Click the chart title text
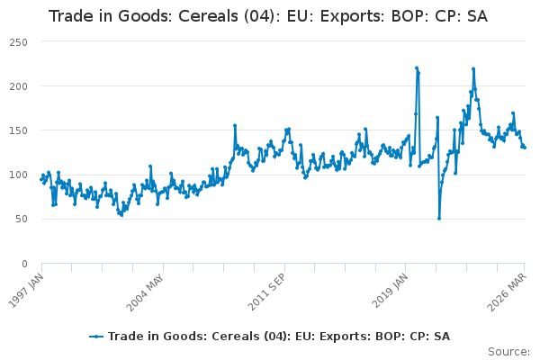point(268,16)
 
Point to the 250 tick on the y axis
point(18,42)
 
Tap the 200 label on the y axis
point(18,86)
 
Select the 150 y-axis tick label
point(18,130)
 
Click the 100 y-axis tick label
point(18,175)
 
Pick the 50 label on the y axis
point(22,219)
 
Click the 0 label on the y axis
point(24,264)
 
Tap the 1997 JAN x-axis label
point(26,291)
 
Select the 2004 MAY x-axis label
point(145,292)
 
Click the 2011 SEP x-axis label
point(266,292)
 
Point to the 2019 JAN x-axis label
point(390,291)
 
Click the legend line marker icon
point(96,337)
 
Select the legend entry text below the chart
point(279,337)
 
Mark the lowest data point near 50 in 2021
point(439,219)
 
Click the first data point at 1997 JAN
point(41,179)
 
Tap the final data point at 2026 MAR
point(525,148)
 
